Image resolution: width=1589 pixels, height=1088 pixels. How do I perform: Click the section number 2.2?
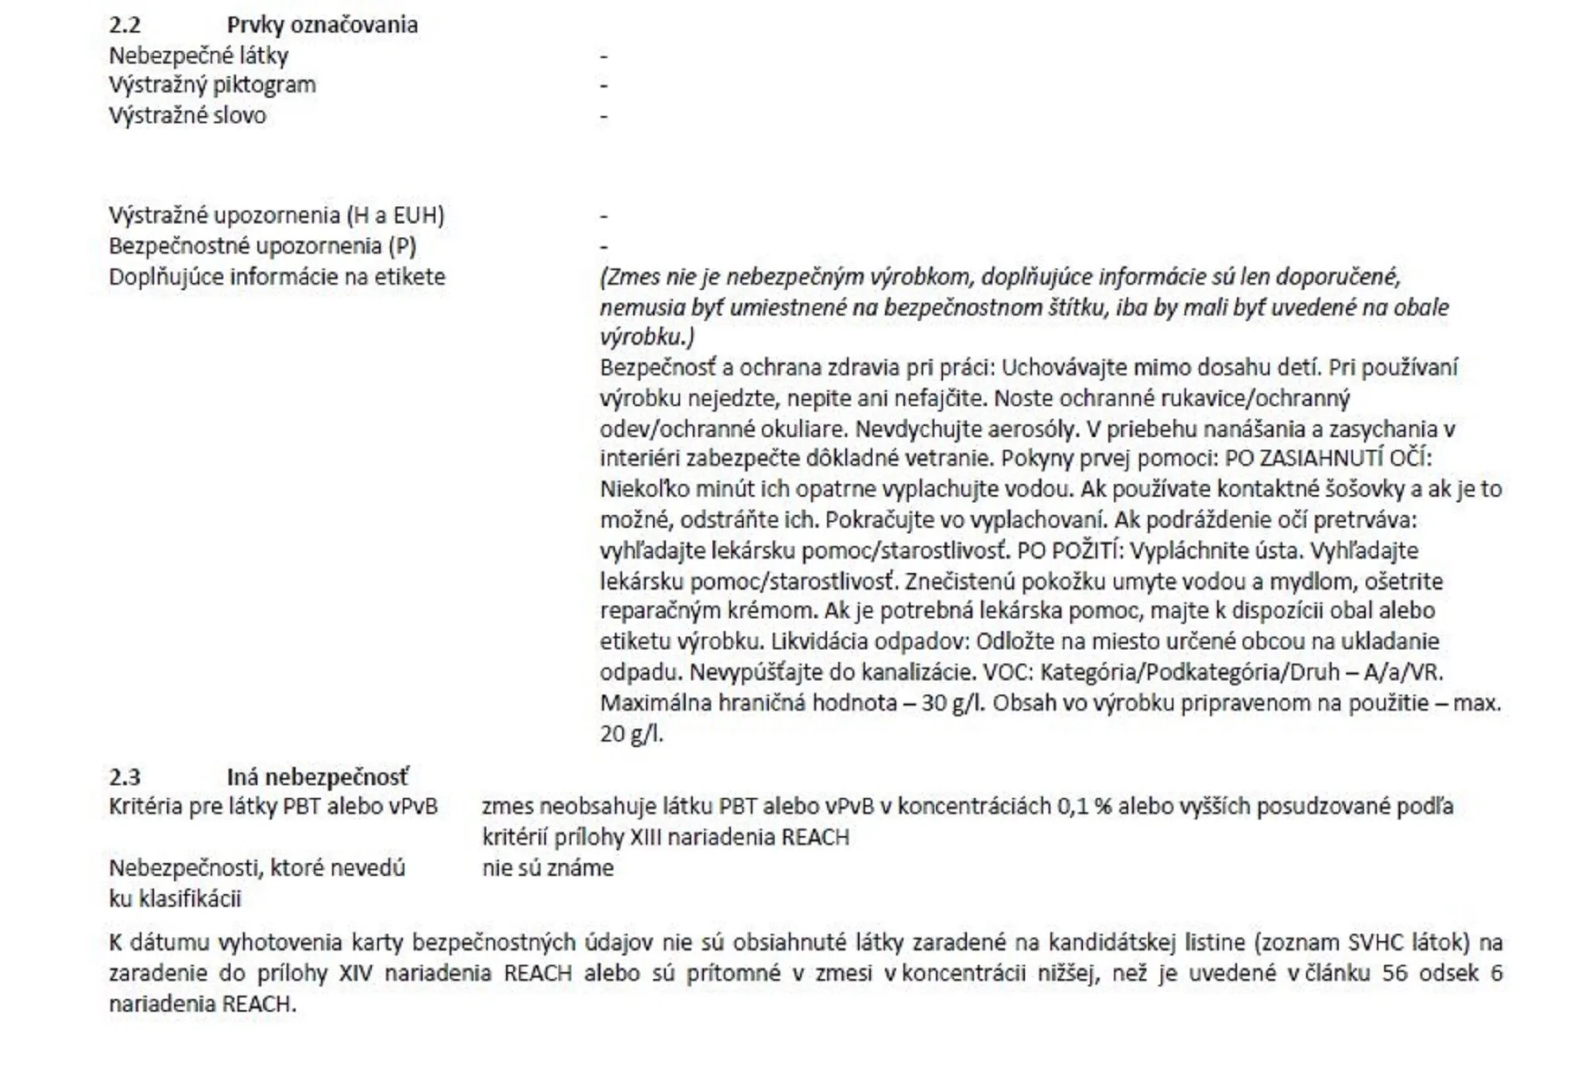point(125,25)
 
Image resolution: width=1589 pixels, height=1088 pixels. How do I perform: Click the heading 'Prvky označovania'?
point(322,25)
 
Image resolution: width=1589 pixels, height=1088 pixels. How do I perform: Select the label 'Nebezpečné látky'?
point(199,56)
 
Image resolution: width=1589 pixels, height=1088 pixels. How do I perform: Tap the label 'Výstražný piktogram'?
point(212,85)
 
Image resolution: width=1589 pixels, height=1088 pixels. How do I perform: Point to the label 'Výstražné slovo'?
point(188,116)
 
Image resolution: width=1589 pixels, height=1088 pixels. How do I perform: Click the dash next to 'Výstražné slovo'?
point(604,117)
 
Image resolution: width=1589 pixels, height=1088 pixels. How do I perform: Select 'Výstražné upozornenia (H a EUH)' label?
point(276,215)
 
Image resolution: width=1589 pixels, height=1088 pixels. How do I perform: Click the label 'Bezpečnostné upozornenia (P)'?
point(262,246)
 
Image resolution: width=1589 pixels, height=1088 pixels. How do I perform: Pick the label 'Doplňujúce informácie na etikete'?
point(277,277)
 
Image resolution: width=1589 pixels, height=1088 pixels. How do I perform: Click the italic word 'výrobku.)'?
point(647,338)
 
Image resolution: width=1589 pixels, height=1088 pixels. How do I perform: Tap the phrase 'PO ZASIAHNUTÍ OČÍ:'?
point(1328,459)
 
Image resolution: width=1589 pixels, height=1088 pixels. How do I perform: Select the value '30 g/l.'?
point(953,704)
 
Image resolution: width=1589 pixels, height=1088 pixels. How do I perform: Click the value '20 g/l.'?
point(631,734)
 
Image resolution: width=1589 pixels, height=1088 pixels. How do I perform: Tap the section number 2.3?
point(125,777)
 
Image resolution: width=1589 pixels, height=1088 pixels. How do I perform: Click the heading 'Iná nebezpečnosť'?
point(318,777)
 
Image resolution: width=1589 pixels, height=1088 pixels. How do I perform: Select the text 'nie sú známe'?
point(547,868)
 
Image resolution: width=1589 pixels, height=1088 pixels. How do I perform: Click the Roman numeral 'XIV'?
point(356,974)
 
